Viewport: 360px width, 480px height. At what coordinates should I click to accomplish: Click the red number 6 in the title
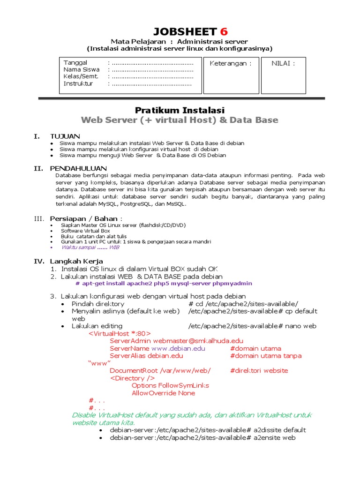pyautogui.click(x=224, y=32)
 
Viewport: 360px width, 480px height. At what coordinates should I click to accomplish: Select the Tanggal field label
pyautogui.click(x=75, y=63)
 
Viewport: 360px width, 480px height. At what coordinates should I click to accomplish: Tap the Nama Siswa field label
pyautogui.click(x=82, y=70)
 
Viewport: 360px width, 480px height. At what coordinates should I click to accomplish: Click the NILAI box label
pyautogui.click(x=283, y=63)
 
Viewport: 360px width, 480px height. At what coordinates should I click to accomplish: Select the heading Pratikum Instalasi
pyautogui.click(x=180, y=110)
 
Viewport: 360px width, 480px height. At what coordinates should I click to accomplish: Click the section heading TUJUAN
pyautogui.click(x=65, y=136)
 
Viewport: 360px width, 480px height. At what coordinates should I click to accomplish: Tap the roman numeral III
pyautogui.click(x=38, y=218)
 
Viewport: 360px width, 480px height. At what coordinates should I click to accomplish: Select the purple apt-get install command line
pyautogui.click(x=164, y=283)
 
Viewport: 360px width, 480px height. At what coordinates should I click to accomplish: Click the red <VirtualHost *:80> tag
pyautogui.click(x=120, y=333)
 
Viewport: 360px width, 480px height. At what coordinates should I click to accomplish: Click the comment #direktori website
pyautogui.click(x=259, y=371)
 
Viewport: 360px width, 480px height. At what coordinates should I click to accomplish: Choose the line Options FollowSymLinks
pyautogui.click(x=170, y=385)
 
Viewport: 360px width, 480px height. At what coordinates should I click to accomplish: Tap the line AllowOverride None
pyautogui.click(x=163, y=393)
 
